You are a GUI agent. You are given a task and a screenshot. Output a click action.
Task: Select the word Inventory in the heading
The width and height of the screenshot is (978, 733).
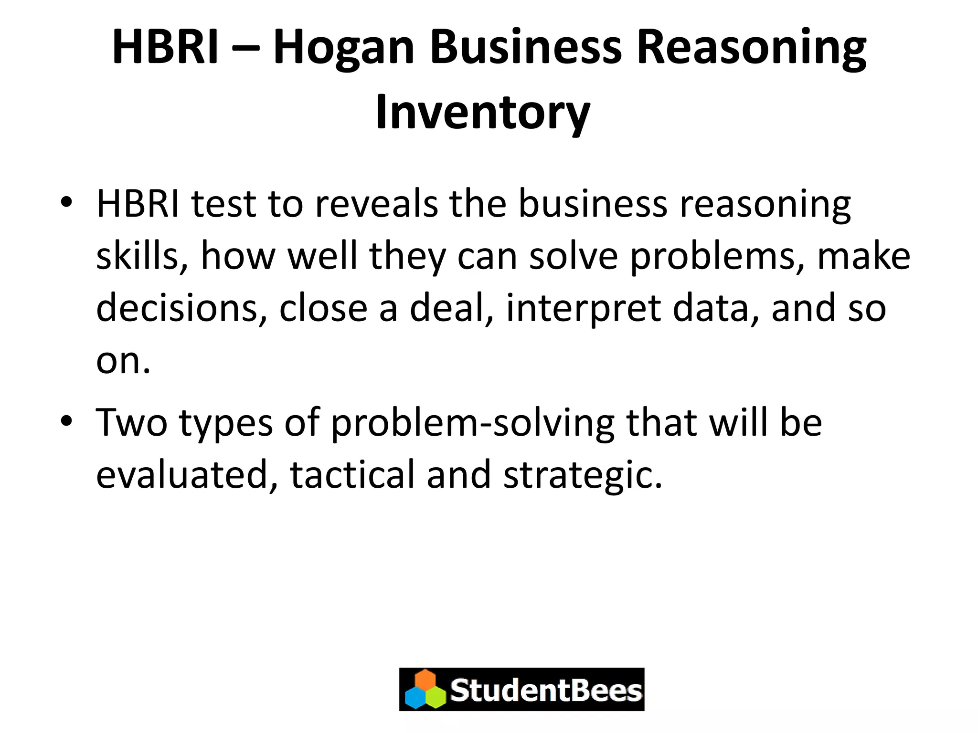click(483, 113)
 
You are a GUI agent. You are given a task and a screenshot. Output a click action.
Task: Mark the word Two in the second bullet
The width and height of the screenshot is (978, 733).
click(132, 422)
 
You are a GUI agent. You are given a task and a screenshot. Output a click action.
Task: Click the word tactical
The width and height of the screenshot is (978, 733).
click(352, 475)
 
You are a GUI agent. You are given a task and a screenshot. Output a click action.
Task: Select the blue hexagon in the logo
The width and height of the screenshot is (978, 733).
click(415, 698)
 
